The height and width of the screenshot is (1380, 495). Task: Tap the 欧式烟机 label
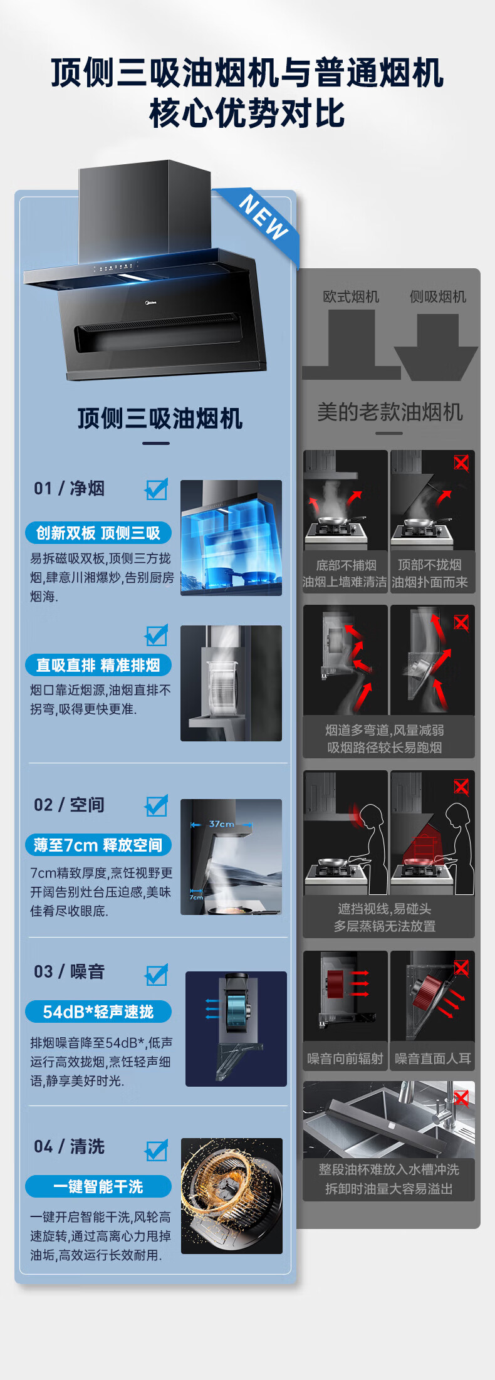(351, 296)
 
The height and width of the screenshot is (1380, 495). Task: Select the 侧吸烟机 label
(438, 296)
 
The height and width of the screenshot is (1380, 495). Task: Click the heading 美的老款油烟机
(390, 412)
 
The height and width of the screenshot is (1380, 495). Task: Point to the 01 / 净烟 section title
(69, 488)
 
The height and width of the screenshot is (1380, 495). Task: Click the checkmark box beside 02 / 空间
(157, 805)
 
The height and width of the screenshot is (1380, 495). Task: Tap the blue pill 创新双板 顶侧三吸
(98, 533)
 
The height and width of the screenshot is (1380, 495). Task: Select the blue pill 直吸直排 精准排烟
(98, 665)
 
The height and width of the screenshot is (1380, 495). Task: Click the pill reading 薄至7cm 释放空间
(98, 845)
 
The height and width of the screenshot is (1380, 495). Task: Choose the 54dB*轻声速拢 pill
(98, 1011)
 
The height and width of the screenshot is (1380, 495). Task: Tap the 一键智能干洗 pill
(98, 1186)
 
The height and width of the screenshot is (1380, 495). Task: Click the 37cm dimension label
(222, 824)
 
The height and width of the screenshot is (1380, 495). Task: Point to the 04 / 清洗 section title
(69, 1147)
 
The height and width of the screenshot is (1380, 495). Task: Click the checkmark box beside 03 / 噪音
(157, 975)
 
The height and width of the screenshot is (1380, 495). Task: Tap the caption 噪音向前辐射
(345, 1059)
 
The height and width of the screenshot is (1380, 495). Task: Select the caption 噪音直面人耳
(433, 1059)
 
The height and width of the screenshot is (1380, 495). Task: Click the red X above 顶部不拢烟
(461, 463)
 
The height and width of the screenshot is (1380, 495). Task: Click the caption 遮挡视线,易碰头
(385, 909)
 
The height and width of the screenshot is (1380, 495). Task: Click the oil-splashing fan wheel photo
(232, 1196)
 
